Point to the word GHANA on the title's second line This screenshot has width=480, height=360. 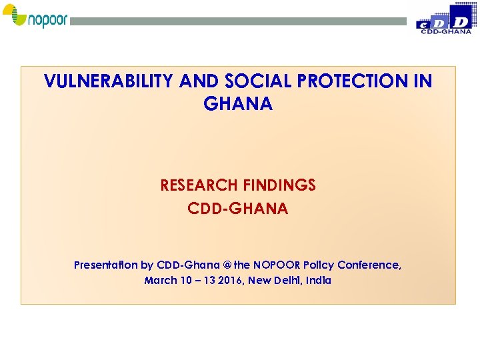(238, 104)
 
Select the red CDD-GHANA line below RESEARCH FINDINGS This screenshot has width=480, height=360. (238, 209)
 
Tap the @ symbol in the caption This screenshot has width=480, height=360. (227, 265)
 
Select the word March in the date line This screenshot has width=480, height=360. (161, 281)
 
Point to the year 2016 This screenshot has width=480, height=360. (230, 281)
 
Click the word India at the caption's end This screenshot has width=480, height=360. (319, 281)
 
